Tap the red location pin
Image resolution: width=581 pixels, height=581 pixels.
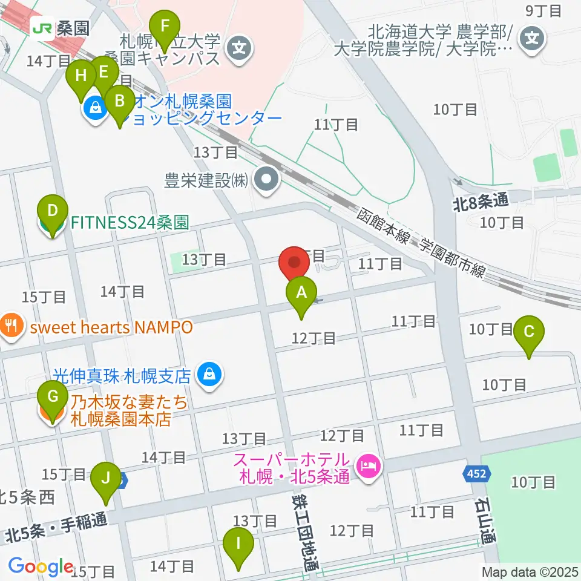(295, 263)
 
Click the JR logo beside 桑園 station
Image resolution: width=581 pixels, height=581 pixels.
(42, 27)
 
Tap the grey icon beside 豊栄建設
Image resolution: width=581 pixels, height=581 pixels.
(265, 180)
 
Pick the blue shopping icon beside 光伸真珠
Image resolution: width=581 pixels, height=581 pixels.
(208, 376)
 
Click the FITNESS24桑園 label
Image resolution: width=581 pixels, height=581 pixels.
(130, 222)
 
